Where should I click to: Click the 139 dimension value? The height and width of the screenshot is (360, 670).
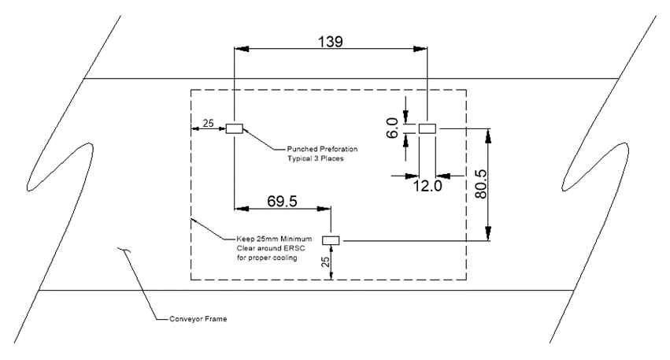tap(331, 42)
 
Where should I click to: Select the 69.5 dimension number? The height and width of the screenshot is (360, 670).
tap(282, 201)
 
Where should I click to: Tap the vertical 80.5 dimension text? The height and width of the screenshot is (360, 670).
tap(481, 184)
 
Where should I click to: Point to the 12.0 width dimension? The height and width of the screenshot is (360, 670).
tap(428, 186)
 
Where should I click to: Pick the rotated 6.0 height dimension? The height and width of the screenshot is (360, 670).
tap(392, 128)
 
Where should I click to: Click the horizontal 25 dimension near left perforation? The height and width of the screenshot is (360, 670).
tap(208, 123)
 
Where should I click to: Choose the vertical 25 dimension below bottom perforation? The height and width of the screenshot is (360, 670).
tap(326, 262)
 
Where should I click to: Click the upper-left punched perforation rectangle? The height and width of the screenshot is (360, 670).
tap(234, 128)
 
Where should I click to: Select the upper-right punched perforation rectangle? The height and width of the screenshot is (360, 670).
tap(428, 128)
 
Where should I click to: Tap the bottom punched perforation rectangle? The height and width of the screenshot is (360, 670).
tap(331, 240)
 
